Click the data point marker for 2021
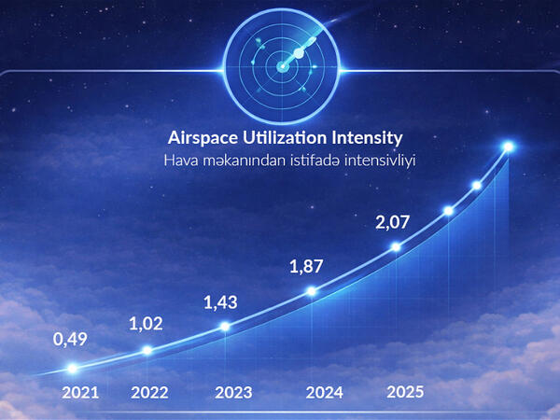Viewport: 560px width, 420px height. click(72, 370)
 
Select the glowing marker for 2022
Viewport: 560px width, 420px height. click(147, 351)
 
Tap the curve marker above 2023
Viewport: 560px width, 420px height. click(225, 327)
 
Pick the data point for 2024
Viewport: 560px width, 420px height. click(313, 292)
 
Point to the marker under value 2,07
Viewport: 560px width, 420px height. click(396, 247)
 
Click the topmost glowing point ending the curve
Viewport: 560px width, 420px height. click(509, 147)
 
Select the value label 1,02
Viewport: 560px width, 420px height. click(147, 324)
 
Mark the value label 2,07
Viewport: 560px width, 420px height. click(393, 222)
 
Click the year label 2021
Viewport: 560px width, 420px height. click(79, 393)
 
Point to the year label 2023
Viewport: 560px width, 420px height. click(232, 393)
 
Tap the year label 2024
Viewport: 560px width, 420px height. click(325, 393)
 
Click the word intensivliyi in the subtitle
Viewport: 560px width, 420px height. click(379, 161)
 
